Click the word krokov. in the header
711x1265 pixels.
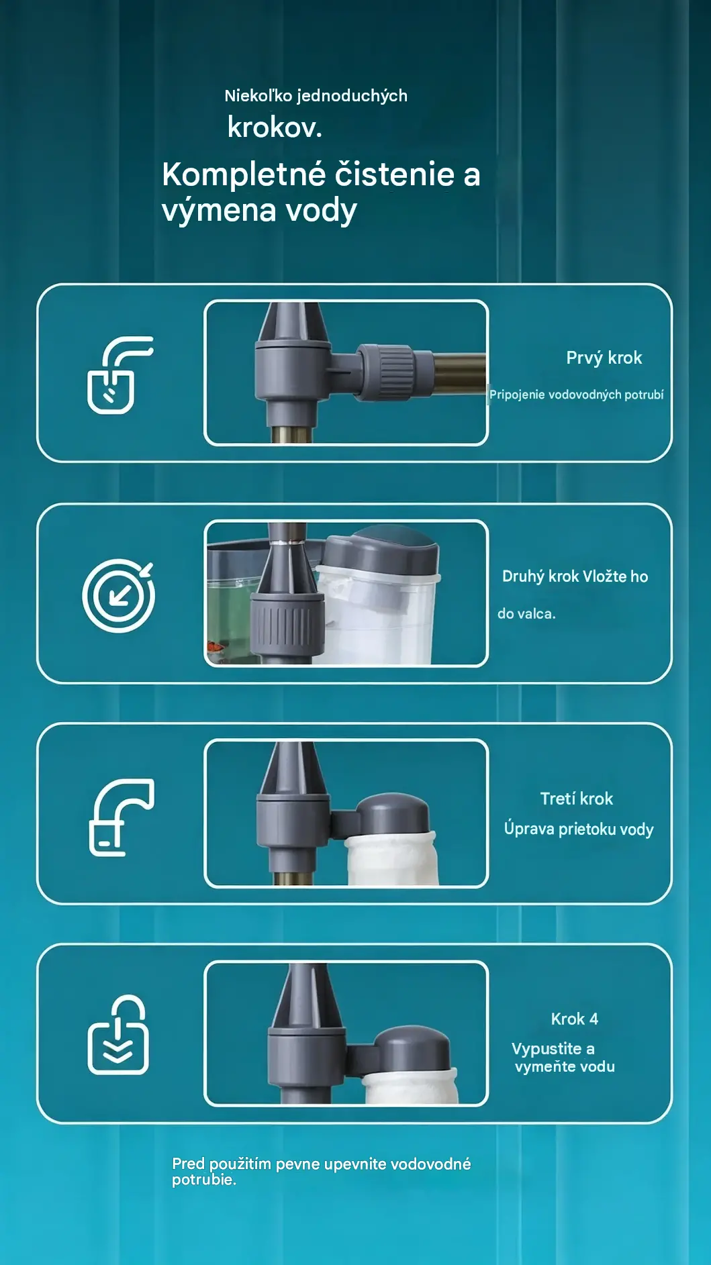[275, 128]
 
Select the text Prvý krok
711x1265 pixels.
[604, 358]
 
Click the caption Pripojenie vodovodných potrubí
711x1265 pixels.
[576, 395]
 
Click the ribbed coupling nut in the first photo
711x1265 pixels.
[385, 372]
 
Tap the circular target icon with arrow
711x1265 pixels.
[119, 595]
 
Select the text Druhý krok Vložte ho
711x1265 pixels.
[575, 576]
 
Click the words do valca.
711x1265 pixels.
[526, 613]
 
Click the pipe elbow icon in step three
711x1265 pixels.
[122, 817]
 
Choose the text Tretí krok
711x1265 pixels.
[577, 799]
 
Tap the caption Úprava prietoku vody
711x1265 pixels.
[579, 829]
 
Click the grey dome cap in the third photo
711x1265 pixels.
[392, 815]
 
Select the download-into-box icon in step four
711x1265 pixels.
[118, 1034]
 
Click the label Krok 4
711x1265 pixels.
[575, 1019]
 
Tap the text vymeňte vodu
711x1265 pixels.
[565, 1066]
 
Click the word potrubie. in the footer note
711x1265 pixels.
[204, 1180]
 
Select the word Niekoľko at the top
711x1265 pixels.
[258, 95]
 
